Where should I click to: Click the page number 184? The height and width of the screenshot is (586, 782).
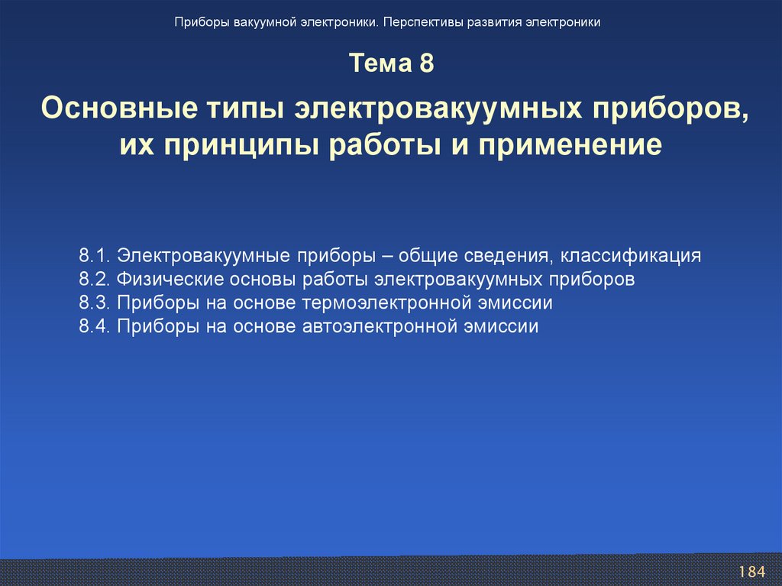[x=751, y=572]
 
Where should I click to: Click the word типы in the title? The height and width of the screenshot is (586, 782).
[x=242, y=108]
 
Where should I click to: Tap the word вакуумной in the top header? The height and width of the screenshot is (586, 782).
[x=266, y=22]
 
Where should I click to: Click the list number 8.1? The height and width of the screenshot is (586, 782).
[x=95, y=255]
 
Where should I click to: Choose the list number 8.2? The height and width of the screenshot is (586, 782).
[x=95, y=279]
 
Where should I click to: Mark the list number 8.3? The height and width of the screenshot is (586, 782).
[x=95, y=303]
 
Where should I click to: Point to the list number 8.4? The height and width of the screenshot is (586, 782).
[x=95, y=326]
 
